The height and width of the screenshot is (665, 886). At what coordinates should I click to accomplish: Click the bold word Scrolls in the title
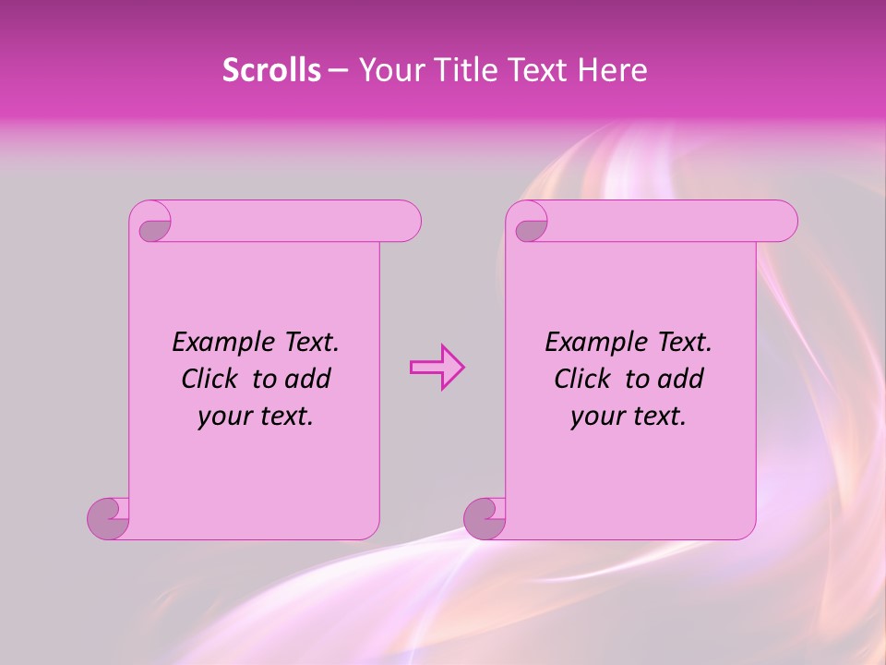click(271, 70)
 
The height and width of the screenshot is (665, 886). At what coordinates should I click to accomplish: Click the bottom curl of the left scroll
click(108, 519)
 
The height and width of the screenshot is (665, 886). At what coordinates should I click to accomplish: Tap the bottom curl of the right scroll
click(484, 519)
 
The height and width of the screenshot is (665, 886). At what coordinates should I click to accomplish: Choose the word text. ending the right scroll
click(659, 417)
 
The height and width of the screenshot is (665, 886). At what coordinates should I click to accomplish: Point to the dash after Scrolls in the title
click(339, 70)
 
